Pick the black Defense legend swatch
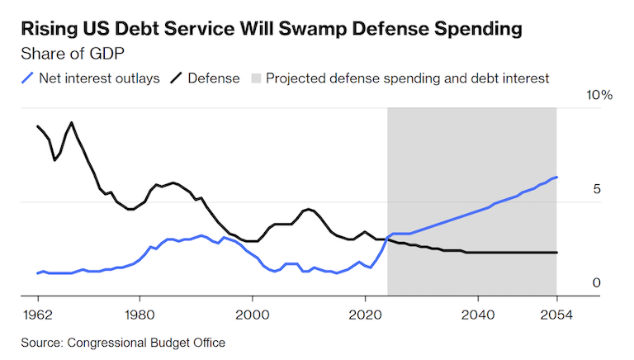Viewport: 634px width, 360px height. tap(176, 79)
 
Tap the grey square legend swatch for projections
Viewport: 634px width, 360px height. tap(256, 79)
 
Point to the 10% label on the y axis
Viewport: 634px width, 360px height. tap(599, 96)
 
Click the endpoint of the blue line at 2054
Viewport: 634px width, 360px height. tap(556, 177)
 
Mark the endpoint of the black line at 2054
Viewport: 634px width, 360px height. tap(556, 253)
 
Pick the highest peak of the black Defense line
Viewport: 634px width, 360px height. tap(72, 123)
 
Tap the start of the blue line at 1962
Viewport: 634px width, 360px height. tap(38, 272)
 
